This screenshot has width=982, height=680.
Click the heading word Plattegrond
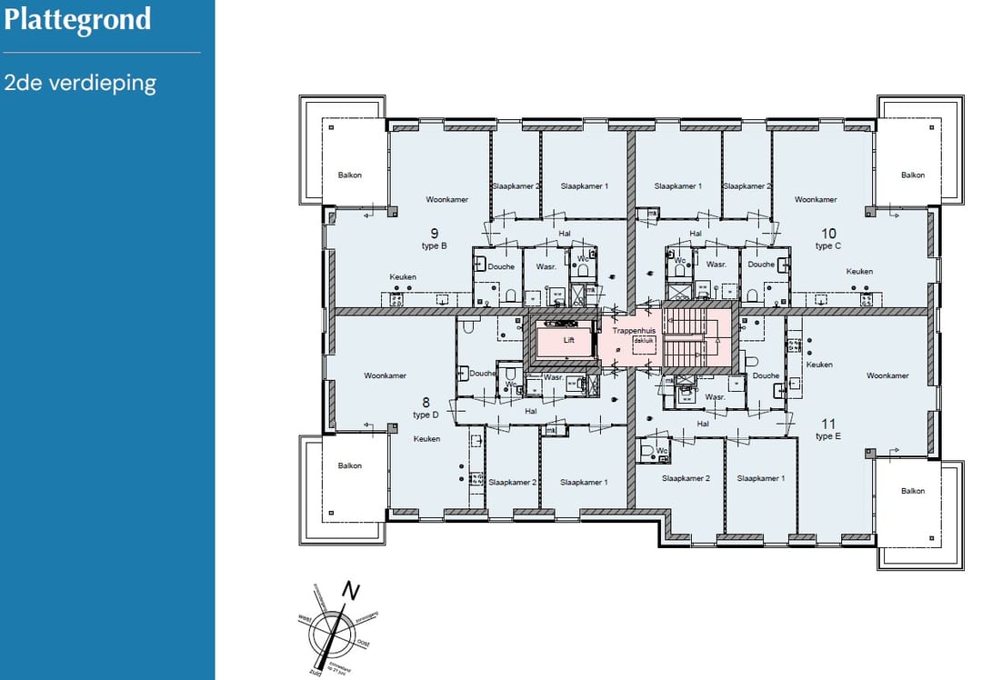click(77, 20)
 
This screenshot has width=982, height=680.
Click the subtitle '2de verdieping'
click(80, 83)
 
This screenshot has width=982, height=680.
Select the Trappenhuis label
click(634, 331)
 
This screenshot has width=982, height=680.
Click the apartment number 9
click(435, 233)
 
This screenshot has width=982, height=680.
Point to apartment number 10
click(828, 233)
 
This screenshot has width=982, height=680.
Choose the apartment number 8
click(426, 402)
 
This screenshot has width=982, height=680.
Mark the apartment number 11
click(828, 424)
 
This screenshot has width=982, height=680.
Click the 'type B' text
click(432, 246)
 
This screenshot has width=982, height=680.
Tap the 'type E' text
click(827, 436)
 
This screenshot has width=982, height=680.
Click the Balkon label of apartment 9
click(349, 175)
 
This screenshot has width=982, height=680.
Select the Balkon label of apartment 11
click(912, 491)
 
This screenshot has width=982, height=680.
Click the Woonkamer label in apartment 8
click(386, 375)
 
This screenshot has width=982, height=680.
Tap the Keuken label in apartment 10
click(859, 271)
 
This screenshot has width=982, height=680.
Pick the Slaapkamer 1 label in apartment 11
click(761, 477)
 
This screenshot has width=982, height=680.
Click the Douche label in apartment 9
click(501, 266)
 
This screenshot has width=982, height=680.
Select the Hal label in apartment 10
click(696, 234)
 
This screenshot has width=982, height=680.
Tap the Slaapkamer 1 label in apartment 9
click(585, 185)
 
